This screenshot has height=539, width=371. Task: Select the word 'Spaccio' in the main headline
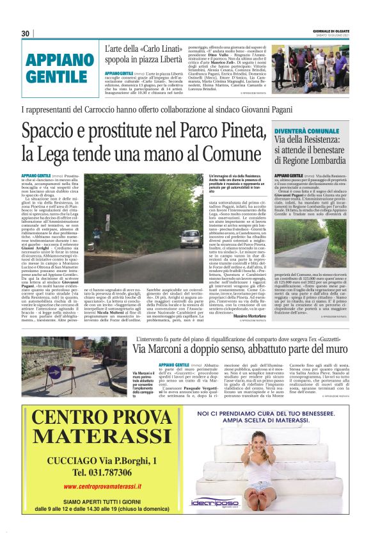48,132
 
